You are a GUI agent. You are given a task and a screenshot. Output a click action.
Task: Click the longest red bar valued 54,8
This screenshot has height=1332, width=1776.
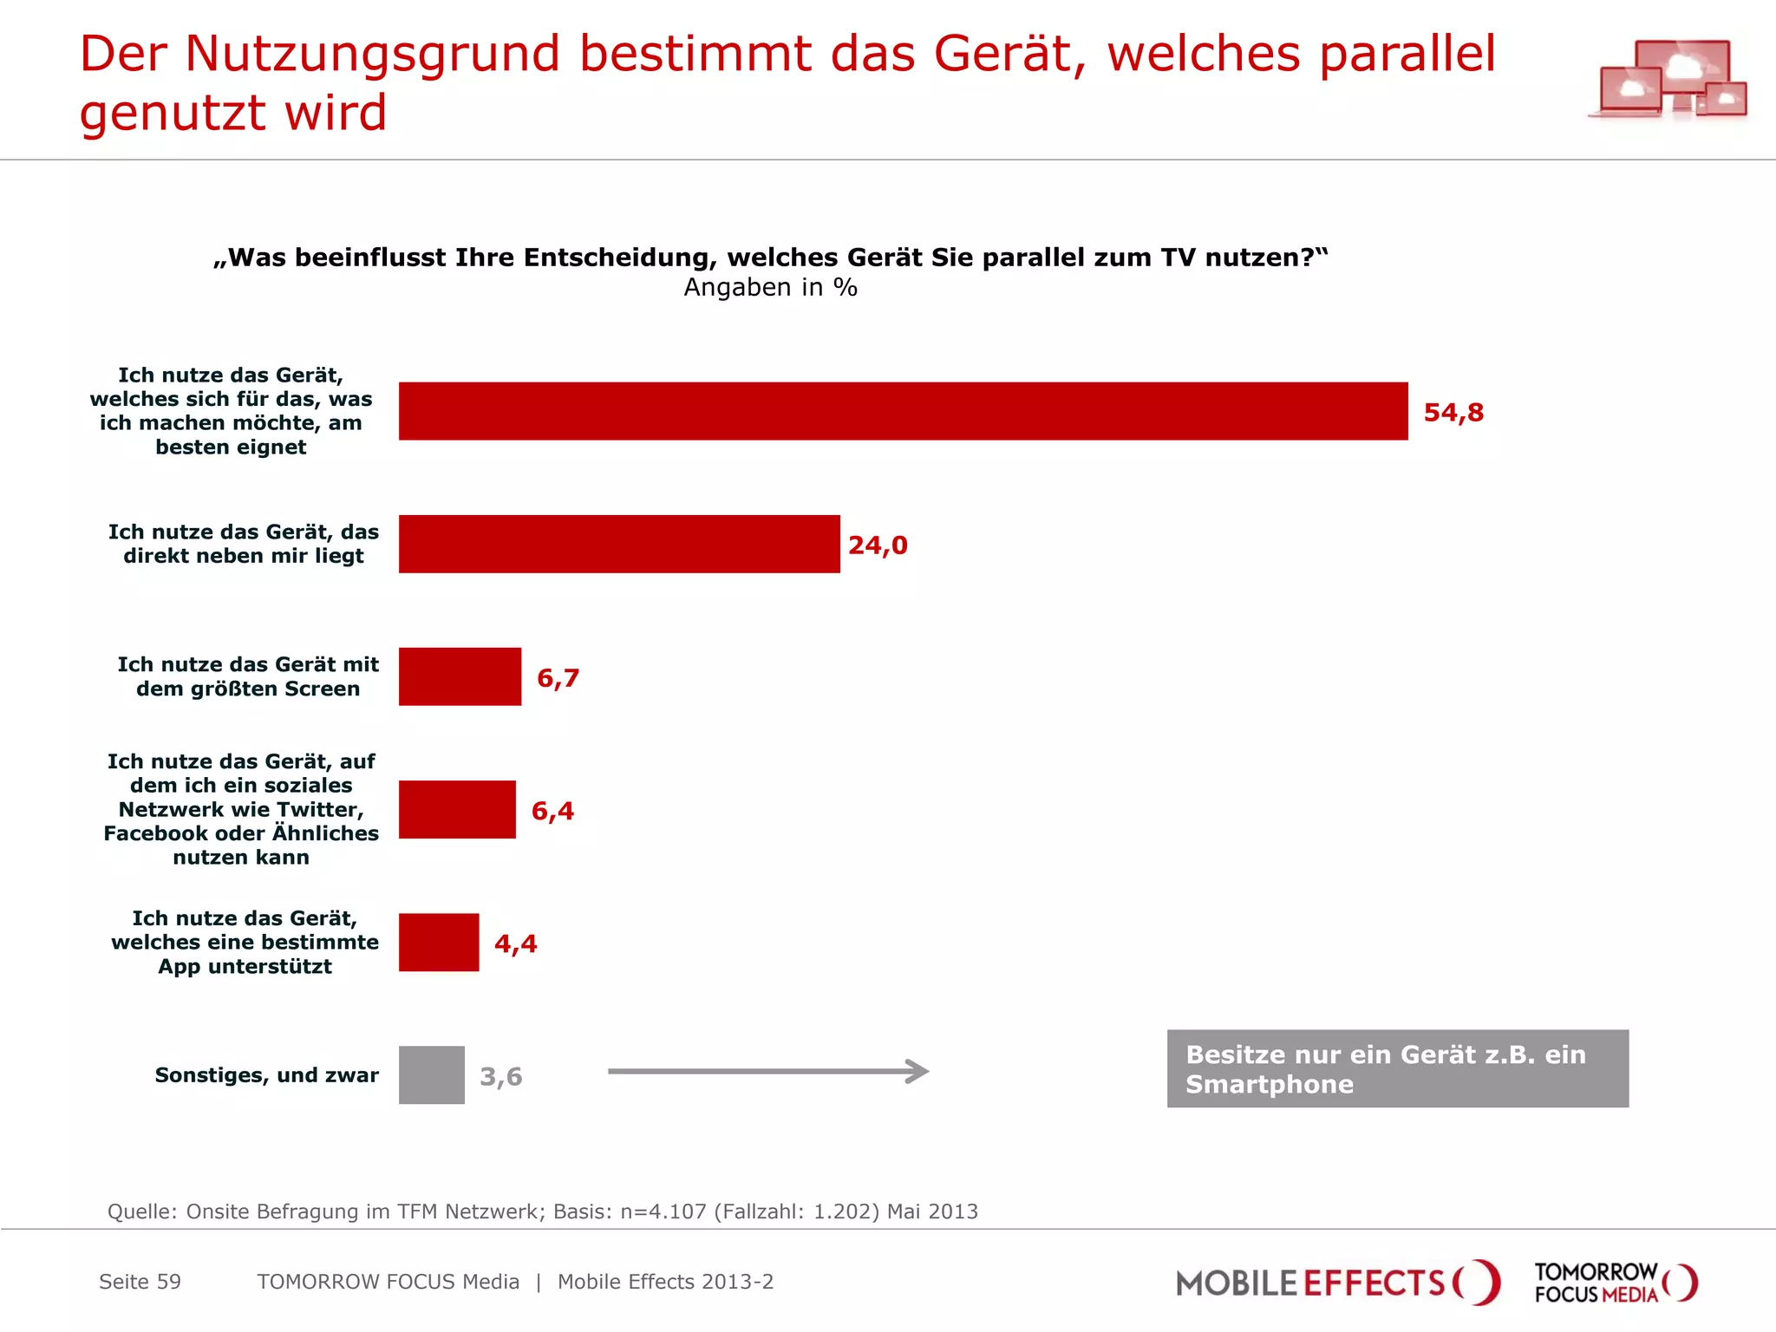click(x=903, y=411)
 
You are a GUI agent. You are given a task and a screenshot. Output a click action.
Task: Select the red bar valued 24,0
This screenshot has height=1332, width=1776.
click(x=619, y=544)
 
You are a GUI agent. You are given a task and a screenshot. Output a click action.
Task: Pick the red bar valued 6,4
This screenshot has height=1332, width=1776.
click(x=457, y=809)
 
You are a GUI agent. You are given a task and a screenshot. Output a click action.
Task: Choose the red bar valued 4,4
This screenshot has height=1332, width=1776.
click(x=439, y=943)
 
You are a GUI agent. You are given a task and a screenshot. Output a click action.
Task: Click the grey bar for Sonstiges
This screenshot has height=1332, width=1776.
click(x=431, y=1075)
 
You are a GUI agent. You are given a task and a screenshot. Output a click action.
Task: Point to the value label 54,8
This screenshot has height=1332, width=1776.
click(x=1453, y=412)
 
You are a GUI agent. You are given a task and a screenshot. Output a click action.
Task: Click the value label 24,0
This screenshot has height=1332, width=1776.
click(x=878, y=545)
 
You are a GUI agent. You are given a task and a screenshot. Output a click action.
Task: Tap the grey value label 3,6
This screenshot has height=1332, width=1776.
click(x=501, y=1076)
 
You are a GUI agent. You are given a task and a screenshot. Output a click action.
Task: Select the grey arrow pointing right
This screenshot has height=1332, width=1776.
click(x=768, y=1071)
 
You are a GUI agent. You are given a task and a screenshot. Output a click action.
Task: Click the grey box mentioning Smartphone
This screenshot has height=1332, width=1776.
click(x=1397, y=1068)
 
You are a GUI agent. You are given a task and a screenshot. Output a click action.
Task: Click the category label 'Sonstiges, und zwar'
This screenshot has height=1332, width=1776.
click(x=266, y=1075)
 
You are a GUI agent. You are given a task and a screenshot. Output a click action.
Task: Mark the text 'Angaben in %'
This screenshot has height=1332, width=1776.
click(x=770, y=287)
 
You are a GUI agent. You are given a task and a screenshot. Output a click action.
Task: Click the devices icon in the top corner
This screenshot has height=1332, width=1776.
click(x=1668, y=81)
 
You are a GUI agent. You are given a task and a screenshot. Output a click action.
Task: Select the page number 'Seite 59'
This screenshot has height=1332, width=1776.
click(x=140, y=1282)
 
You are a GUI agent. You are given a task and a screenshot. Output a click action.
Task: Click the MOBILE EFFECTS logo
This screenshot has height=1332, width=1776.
click(x=1336, y=1283)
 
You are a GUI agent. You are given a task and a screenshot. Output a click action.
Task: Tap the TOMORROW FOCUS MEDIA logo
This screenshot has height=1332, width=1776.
click(x=1615, y=1283)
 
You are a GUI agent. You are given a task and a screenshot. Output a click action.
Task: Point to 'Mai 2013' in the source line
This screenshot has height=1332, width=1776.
click(x=931, y=1211)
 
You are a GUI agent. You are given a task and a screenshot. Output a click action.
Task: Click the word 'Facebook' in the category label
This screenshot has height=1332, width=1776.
click(x=155, y=833)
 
